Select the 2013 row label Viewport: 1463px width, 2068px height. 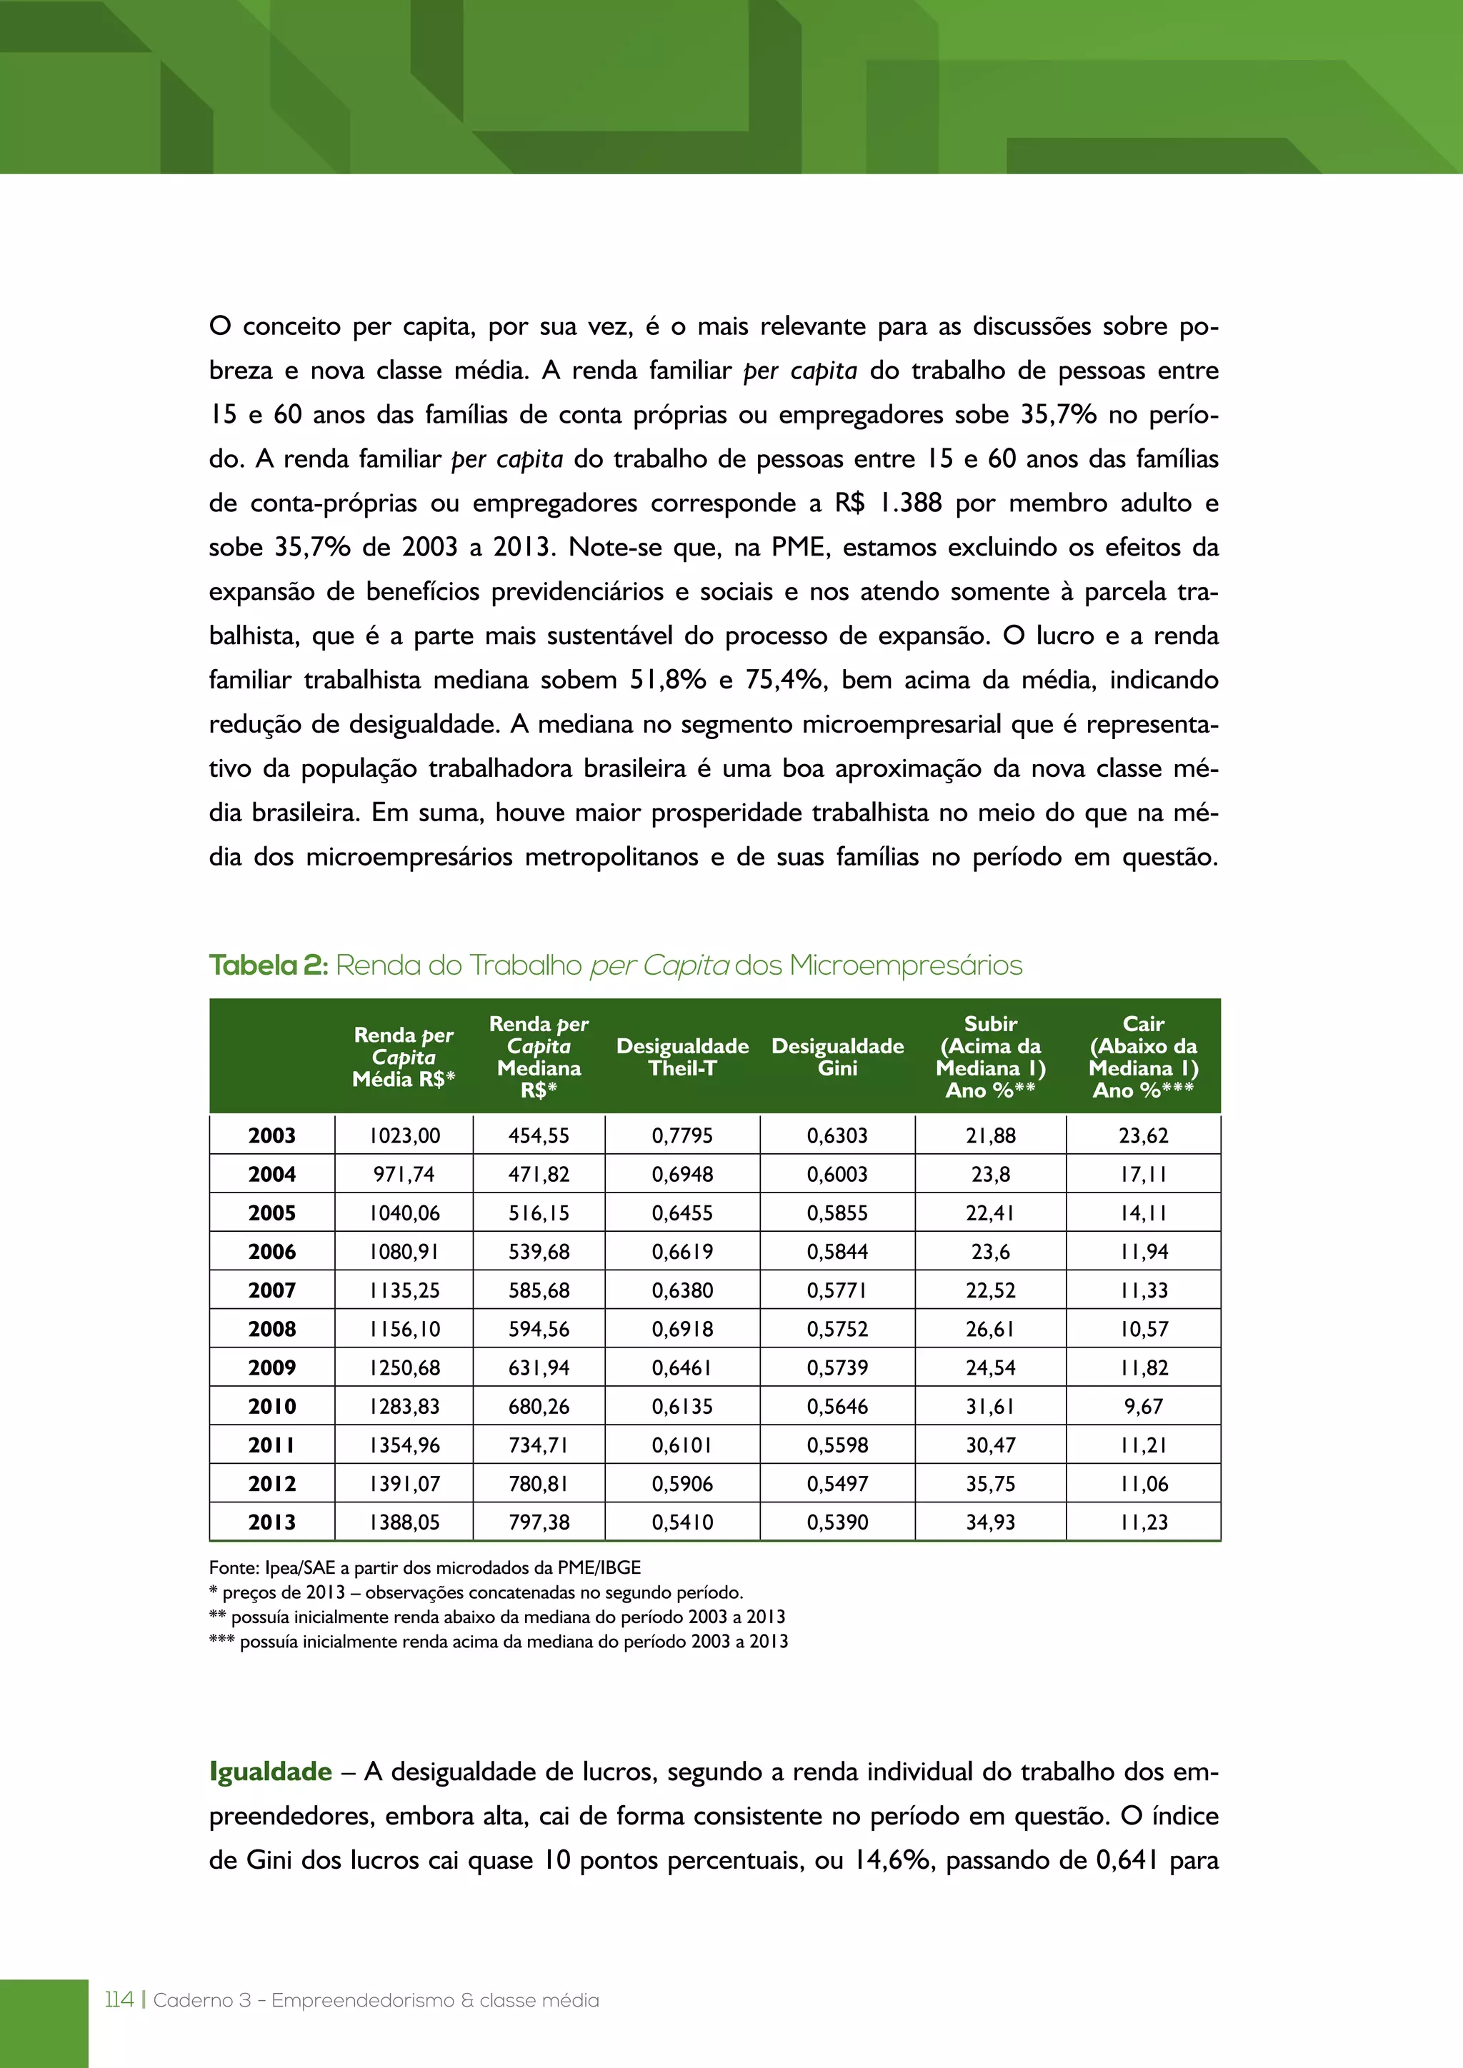click(271, 1522)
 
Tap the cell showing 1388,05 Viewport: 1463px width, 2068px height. click(404, 1522)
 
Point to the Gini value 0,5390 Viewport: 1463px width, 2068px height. click(837, 1522)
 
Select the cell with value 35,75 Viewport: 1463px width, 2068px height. click(990, 1483)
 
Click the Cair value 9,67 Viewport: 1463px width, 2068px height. click(1143, 1406)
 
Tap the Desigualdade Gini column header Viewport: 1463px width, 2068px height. click(837, 1057)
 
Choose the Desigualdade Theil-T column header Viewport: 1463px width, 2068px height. click(682, 1057)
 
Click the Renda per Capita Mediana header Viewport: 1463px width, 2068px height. click(539, 1057)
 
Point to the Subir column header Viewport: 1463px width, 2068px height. click(990, 1057)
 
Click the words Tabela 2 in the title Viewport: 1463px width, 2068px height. click(269, 965)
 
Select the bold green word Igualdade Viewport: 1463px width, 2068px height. click(270, 1772)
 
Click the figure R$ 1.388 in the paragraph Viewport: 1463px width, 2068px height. click(887, 503)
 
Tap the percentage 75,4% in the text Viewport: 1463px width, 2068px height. click(784, 680)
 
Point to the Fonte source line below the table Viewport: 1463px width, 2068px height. click(424, 1567)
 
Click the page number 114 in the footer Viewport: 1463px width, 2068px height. click(119, 2000)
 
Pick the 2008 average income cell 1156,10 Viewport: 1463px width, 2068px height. click(404, 1328)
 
